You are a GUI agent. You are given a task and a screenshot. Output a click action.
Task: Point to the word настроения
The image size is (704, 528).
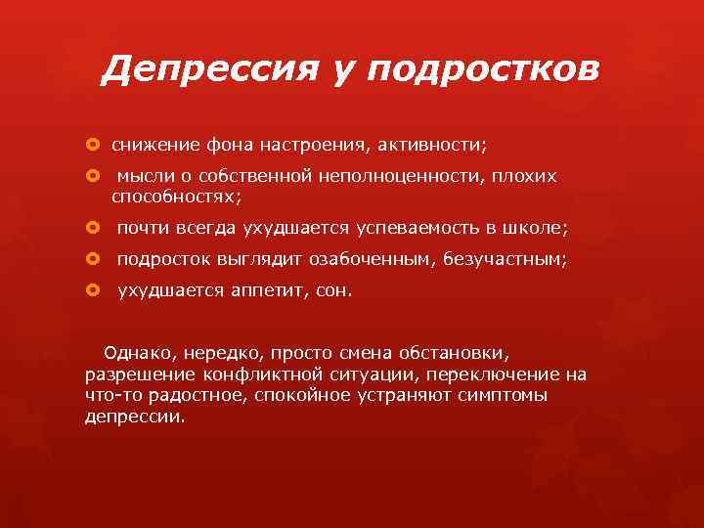[313, 145]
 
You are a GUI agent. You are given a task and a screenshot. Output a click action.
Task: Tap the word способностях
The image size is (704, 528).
[176, 197]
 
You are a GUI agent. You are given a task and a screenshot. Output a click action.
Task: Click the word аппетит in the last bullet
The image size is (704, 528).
[271, 291]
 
